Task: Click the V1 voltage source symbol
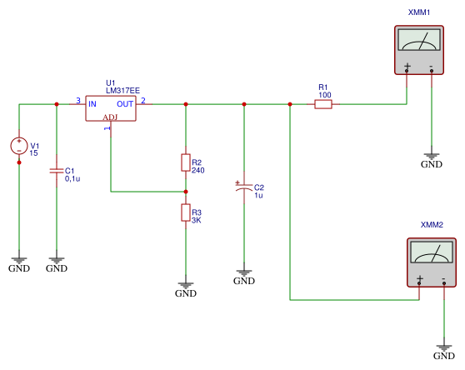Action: point(19,146)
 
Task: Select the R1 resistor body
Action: point(323,104)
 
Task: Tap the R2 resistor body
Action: point(186,162)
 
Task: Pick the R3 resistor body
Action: point(186,212)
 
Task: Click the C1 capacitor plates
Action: point(57,171)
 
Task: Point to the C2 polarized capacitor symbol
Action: point(244,187)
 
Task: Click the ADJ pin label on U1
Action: point(110,117)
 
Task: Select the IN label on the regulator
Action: point(92,104)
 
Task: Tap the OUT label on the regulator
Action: point(125,104)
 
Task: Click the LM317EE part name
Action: point(122,91)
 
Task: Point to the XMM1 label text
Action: point(419,12)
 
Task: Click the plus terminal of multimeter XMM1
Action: point(407,70)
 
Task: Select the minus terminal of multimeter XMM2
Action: point(444,283)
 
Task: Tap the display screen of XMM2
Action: point(432,252)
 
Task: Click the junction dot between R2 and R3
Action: point(186,192)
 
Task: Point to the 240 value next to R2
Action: point(197,171)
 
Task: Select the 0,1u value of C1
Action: point(72,179)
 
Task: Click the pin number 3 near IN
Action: point(78,101)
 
